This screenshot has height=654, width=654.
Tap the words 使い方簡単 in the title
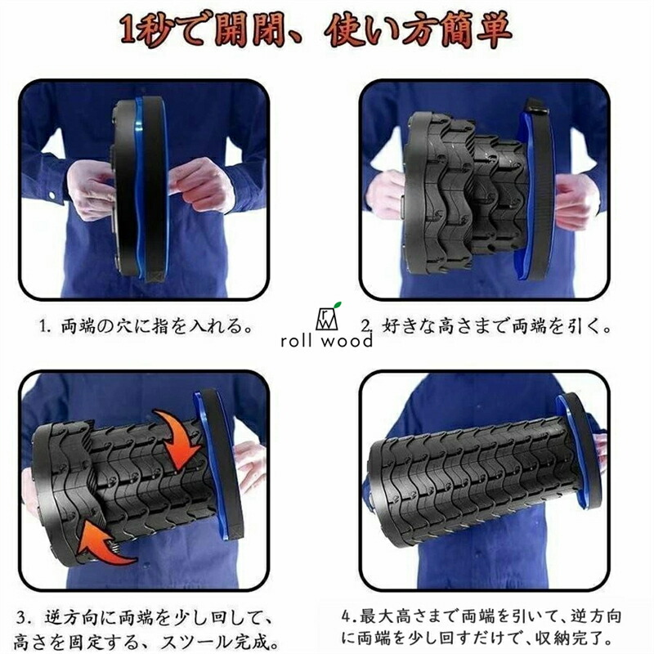[419, 31]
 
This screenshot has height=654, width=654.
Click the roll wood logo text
[326, 341]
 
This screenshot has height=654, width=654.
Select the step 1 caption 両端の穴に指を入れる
[157, 325]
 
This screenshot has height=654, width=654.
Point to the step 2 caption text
[486, 325]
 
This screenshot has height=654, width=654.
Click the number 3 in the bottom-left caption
[23, 617]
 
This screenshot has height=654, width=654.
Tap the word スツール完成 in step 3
[220, 642]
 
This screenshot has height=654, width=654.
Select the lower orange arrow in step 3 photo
[105, 541]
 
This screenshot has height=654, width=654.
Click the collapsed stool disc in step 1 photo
[140, 190]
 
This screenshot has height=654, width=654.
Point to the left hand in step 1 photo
[89, 189]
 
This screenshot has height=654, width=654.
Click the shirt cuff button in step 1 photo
[52, 195]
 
